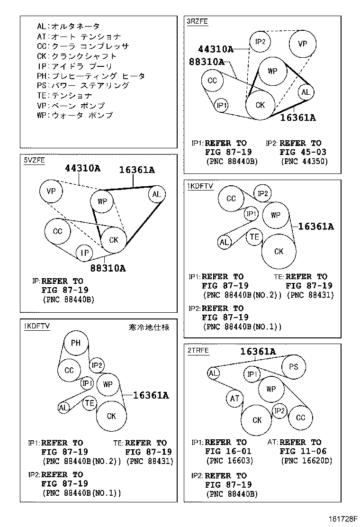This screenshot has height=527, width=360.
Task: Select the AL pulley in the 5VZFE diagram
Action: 157,194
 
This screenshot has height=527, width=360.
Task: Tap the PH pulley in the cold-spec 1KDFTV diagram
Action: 76,343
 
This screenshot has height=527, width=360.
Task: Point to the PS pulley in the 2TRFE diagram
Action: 293,366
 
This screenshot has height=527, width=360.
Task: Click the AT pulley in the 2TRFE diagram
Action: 235,399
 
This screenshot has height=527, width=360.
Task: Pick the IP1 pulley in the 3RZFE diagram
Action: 222,105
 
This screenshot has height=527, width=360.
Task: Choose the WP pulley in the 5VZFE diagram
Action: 102,201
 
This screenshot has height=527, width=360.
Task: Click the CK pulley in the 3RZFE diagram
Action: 260,105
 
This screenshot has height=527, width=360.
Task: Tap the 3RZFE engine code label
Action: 198,22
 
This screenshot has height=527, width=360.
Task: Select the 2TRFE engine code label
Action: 198,351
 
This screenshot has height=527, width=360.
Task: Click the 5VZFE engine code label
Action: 34,160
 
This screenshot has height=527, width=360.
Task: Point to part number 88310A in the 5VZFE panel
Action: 108,268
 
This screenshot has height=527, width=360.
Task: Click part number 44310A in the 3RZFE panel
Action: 216,49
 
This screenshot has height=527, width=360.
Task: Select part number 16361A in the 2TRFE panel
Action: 258,351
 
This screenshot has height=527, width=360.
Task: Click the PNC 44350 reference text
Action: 304,161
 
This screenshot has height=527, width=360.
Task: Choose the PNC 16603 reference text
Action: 229,460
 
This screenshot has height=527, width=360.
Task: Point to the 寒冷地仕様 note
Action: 149,327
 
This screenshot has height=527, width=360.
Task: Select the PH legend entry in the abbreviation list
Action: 90,76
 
